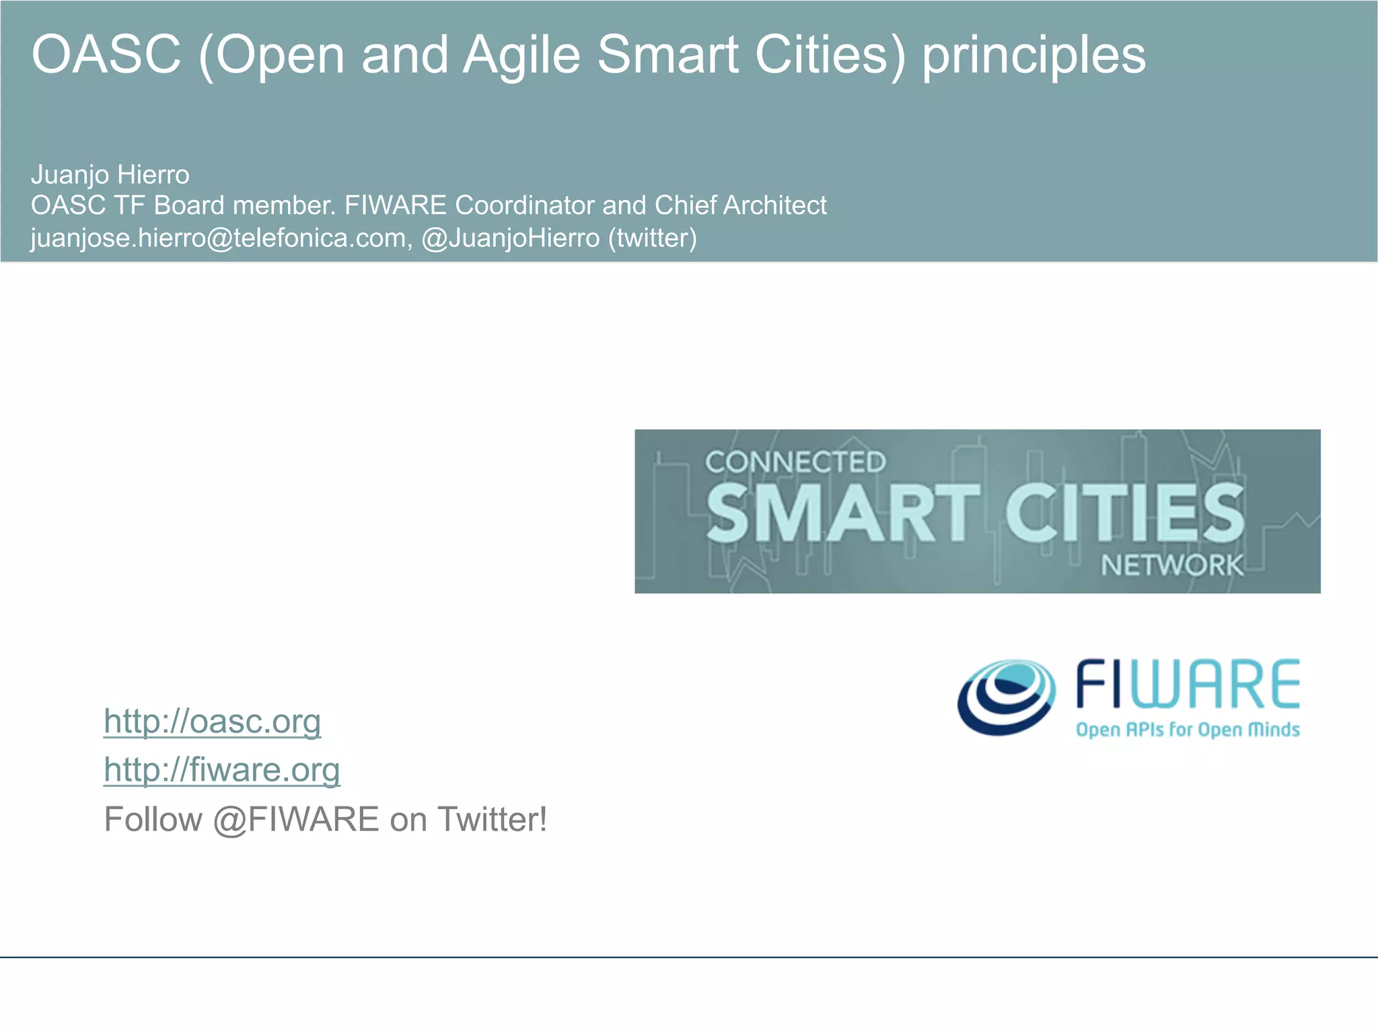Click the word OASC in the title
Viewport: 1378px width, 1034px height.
coord(106,55)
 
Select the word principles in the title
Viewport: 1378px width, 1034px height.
coord(1033,56)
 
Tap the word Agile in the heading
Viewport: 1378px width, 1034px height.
coord(521,55)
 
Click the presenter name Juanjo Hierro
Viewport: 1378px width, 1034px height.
coord(110,175)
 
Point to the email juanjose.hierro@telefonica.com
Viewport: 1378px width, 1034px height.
coord(218,238)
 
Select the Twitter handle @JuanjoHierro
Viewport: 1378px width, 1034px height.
coord(511,238)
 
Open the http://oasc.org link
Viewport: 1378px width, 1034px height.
coord(212,722)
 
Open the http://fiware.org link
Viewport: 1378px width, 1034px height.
coord(222,770)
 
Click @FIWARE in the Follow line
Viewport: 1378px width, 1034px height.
coord(296,820)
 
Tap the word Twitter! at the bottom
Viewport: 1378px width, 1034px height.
coord(492,820)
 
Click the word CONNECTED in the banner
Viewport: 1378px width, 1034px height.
coord(795,462)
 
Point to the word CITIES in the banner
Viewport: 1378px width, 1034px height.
coord(1124,513)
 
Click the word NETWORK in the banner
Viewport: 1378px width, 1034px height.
coord(1171,565)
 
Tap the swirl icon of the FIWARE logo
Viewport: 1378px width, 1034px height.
coord(1006,697)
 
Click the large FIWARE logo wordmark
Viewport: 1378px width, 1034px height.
coord(1188,685)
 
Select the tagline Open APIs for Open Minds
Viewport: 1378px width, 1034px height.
coord(1188,730)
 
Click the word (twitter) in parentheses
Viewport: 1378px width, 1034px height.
coord(652,238)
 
